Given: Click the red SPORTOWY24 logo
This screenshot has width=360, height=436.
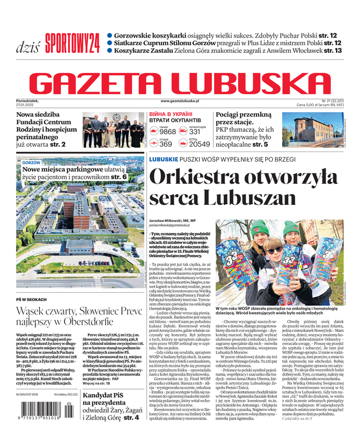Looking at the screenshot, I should [72, 41].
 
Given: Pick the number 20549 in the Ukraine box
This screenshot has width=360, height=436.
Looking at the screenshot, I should [199, 144].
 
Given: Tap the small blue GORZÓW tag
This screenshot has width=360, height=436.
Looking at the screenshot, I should [32, 162].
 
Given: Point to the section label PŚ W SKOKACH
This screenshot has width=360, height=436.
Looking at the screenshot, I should [31, 299].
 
